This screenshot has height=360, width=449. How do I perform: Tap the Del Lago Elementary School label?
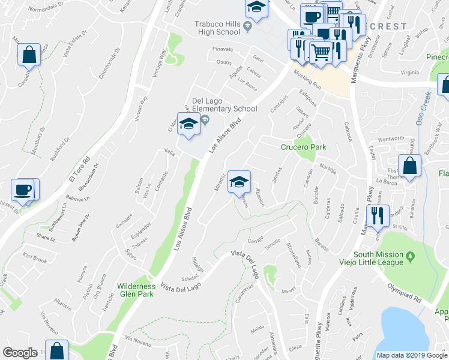click(224, 104)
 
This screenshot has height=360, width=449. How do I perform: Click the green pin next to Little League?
click(411, 256)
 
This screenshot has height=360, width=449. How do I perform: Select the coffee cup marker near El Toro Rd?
click(23, 191)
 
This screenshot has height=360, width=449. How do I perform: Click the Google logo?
click(20, 353)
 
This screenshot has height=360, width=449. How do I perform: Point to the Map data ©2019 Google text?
click(411, 355)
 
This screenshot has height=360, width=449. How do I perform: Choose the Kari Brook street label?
click(34, 259)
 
